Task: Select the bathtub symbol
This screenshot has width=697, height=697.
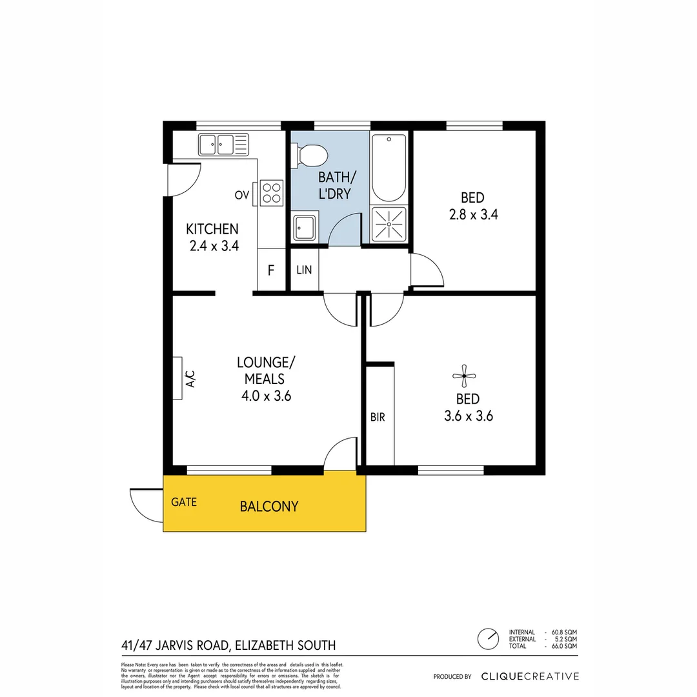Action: (389, 168)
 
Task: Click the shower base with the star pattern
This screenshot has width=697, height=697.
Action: (389, 223)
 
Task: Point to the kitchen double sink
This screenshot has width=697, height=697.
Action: (223, 144)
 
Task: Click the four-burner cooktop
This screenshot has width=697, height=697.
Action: (272, 192)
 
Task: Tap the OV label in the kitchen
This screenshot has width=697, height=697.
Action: (242, 195)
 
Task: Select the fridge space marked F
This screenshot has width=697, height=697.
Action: (271, 270)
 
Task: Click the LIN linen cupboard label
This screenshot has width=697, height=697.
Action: (304, 270)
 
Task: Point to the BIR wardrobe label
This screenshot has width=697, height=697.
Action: (378, 418)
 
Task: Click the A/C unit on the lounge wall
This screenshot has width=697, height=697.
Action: (178, 378)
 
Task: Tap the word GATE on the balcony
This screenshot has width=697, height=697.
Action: (184, 502)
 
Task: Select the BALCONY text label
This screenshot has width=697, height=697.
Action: (269, 507)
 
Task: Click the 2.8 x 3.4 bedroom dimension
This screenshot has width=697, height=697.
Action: (473, 214)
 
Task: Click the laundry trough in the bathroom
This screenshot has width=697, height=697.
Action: (304, 227)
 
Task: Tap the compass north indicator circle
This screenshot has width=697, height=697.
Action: (488, 639)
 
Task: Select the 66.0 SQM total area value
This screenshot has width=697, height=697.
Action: (564, 646)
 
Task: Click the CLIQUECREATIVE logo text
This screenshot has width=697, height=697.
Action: (530, 676)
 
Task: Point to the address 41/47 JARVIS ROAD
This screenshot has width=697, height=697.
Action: (175, 645)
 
